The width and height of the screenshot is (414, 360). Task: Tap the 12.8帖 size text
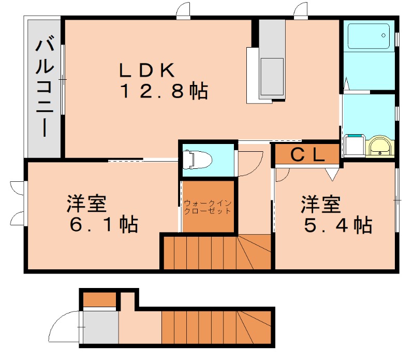coord(164,92)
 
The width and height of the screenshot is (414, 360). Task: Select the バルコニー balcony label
coord(45,86)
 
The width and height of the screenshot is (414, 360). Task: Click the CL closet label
coord(307,154)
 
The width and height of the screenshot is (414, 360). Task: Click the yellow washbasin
coord(380,146)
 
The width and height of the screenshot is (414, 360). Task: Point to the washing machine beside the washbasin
coord(354,145)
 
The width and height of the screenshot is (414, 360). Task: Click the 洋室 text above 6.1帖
coord(86,204)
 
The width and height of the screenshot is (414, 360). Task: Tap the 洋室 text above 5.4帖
coord(322,204)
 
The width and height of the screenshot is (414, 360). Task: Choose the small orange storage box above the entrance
coord(99,299)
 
